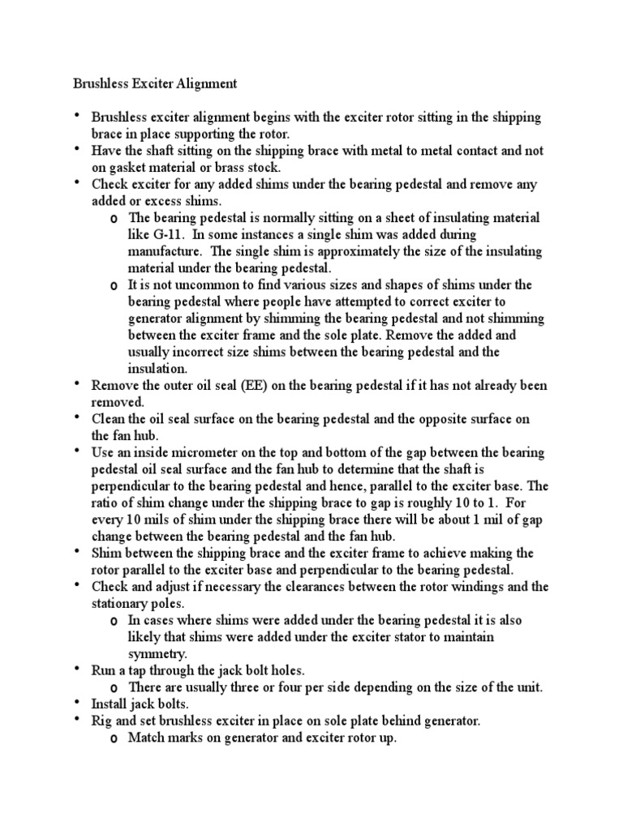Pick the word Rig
101,721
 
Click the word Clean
108,419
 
